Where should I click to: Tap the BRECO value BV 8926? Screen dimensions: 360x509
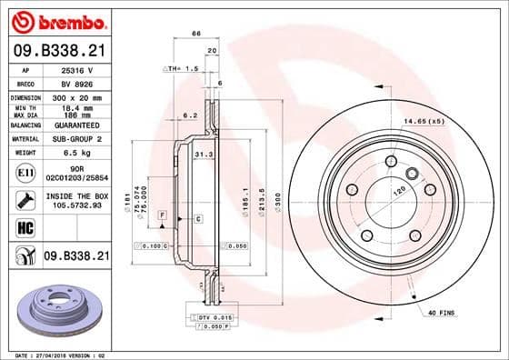tap(75, 82)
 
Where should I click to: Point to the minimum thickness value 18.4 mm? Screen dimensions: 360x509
tap(75, 107)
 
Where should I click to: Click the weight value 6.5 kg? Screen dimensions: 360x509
tap(75, 154)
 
